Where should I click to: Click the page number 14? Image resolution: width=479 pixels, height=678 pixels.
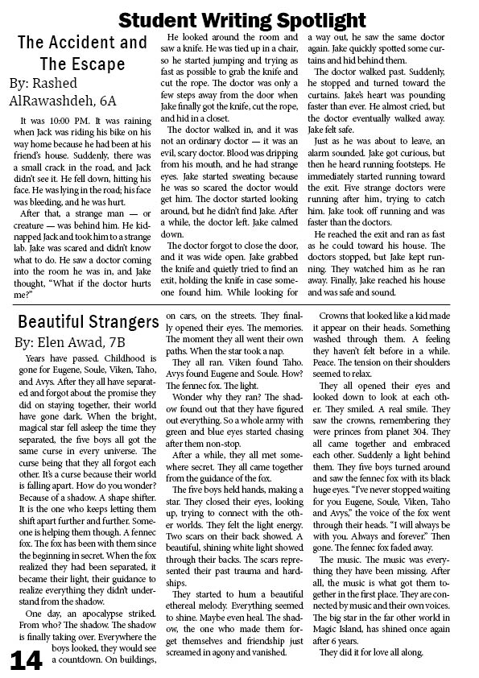(x=26, y=659)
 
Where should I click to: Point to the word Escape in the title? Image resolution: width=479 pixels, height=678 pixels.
(x=109, y=64)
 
